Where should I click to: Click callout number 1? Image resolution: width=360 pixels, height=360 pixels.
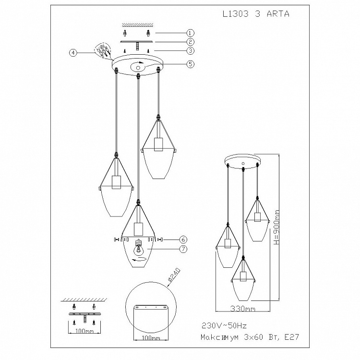pos(191,33)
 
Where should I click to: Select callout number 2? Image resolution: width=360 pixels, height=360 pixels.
pos(191,42)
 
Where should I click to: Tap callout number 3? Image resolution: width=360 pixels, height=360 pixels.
pos(191,50)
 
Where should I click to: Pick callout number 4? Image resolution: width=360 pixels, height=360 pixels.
pos(73,53)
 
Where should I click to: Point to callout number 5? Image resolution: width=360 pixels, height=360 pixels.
pos(191,64)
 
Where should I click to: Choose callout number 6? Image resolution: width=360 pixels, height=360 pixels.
pos(183,240)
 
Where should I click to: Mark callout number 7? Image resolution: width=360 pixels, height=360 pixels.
pos(183,249)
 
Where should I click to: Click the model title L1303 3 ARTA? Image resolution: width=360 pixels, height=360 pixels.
pos(256,14)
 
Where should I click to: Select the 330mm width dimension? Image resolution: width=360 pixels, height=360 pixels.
pos(242,309)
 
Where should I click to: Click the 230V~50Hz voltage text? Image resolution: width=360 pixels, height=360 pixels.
pos(224,325)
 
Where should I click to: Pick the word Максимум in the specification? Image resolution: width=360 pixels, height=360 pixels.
pos(219,337)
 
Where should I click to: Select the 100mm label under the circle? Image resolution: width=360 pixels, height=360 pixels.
pos(151,338)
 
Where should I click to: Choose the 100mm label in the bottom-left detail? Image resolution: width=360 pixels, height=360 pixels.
pos(84,331)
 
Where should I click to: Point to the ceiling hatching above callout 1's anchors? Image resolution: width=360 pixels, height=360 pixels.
pos(138,24)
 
